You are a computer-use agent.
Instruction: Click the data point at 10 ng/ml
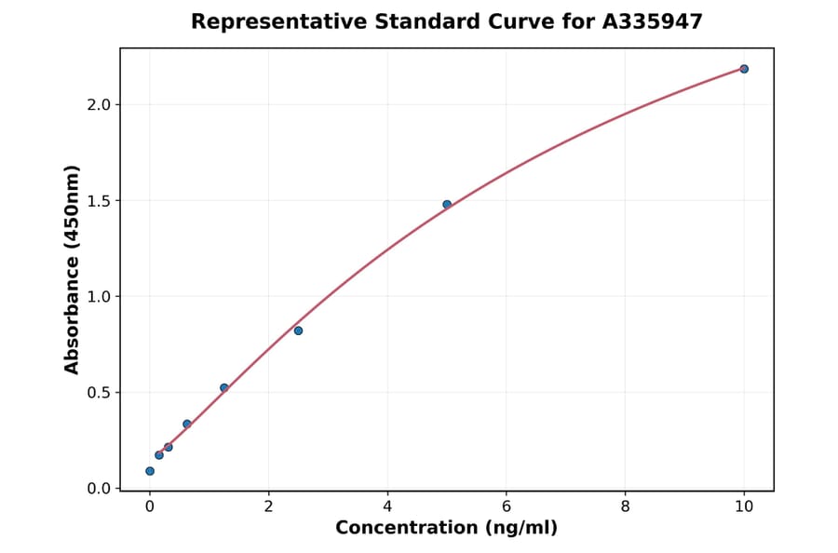(x=744, y=69)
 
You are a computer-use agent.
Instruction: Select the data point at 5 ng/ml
(x=447, y=204)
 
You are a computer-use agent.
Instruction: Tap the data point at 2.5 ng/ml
(x=298, y=330)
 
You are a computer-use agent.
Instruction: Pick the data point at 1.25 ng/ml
(x=223, y=387)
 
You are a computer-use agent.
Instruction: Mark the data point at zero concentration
(x=150, y=471)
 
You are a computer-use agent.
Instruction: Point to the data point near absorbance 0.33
(x=187, y=424)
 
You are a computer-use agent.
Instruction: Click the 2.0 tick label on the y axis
(x=98, y=104)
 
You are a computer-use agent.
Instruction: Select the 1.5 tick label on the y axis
(x=98, y=200)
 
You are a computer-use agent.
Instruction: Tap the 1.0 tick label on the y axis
(x=98, y=296)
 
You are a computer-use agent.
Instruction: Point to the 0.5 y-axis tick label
(x=98, y=392)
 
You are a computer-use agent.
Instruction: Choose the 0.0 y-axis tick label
(x=98, y=488)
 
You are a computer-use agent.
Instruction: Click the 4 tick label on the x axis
(x=387, y=506)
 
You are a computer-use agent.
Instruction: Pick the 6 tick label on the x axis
(x=506, y=506)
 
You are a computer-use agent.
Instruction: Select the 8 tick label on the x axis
(x=625, y=506)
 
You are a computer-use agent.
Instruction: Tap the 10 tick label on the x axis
(x=744, y=506)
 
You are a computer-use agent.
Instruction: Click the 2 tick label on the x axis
(x=268, y=506)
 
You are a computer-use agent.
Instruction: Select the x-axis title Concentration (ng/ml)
(x=446, y=528)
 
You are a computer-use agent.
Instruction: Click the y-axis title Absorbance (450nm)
(x=73, y=269)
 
